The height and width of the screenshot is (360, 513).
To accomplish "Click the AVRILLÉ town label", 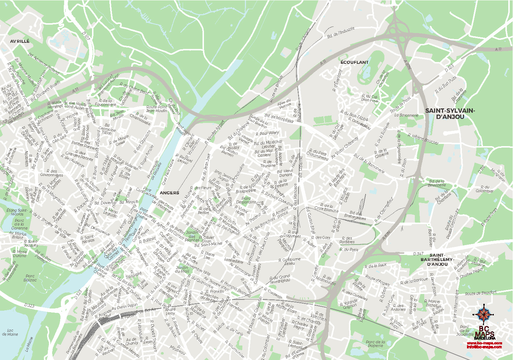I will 20,41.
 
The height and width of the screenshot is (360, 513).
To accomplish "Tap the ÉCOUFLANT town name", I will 354,62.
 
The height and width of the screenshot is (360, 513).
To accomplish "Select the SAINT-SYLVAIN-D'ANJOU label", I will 450,113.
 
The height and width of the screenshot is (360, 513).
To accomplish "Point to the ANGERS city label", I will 169,193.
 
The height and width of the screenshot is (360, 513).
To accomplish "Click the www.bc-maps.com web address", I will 484,343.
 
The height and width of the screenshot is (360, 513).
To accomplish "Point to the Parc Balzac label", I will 30,278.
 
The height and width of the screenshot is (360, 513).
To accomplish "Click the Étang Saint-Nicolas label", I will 17,212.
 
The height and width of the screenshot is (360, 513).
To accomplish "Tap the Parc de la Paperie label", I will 375,343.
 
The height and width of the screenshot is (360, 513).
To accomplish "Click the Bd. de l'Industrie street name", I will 341,33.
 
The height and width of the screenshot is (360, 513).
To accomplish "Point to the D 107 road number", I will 86,36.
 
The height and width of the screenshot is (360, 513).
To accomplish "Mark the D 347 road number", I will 418,254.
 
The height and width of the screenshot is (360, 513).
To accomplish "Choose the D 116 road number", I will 481,169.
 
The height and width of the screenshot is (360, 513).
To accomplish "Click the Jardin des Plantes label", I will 192,236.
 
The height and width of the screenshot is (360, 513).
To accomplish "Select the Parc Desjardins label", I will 246,200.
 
